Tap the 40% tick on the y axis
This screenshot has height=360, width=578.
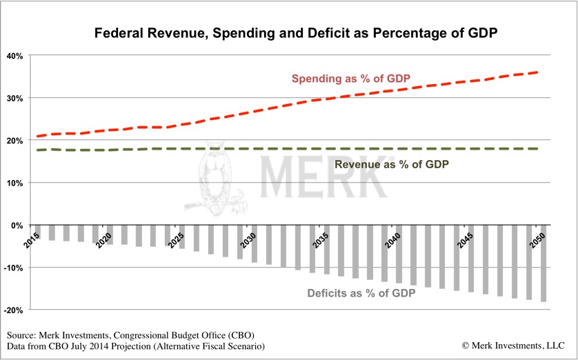(x=15, y=55)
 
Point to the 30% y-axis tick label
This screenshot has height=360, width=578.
(x=15, y=98)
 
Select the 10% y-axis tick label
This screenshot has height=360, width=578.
(x=15, y=183)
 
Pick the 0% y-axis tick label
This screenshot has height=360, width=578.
(x=17, y=226)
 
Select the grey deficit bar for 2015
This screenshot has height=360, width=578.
(x=39, y=230)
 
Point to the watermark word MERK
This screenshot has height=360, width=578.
(x=324, y=178)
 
